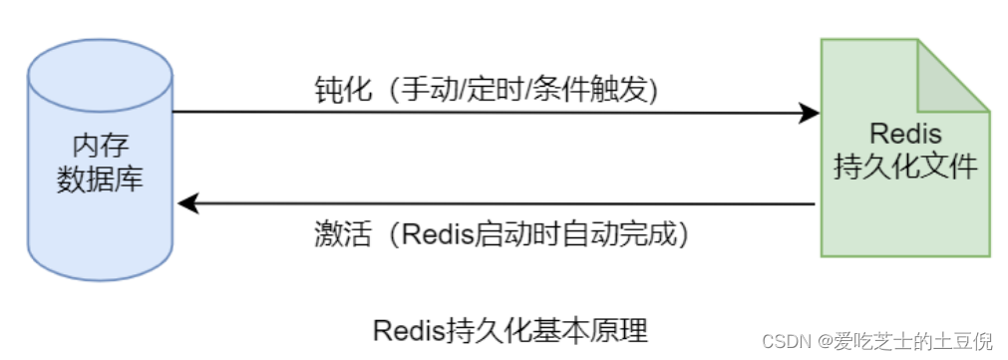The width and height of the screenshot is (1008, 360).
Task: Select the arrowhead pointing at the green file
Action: (x=809, y=114)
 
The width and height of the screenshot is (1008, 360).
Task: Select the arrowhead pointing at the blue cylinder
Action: (x=187, y=203)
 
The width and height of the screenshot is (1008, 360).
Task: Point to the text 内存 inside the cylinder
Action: (x=101, y=144)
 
